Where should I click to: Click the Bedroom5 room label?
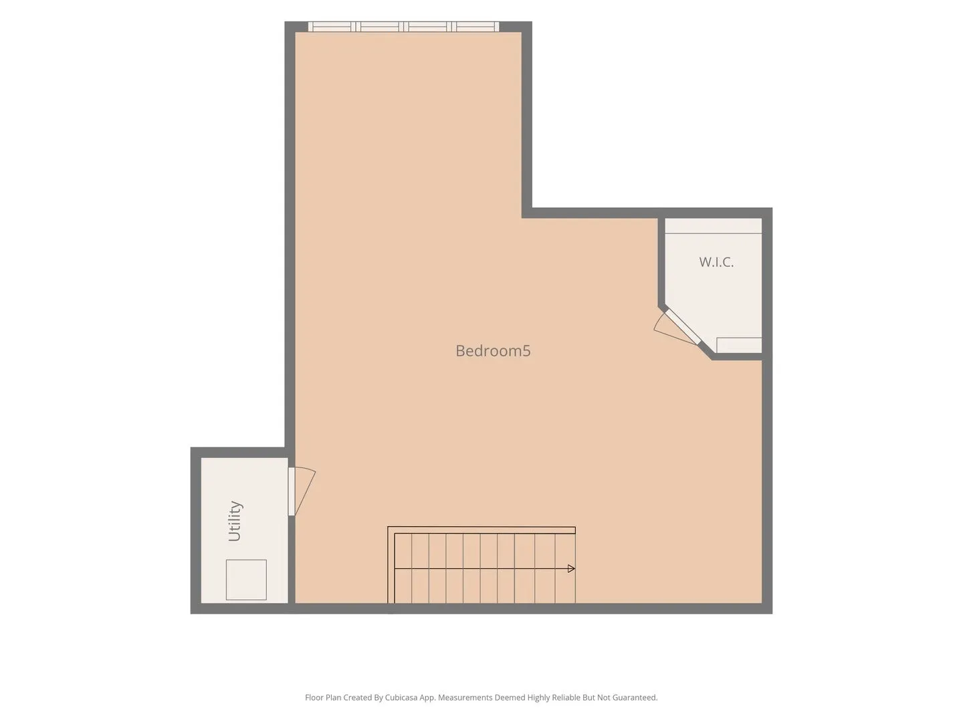(x=493, y=351)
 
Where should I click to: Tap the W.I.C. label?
(x=716, y=261)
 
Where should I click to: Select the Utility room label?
(x=235, y=521)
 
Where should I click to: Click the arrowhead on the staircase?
(x=571, y=568)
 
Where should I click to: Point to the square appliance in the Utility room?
(x=246, y=580)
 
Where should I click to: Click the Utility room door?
(x=302, y=491)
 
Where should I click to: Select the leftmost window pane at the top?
(x=332, y=27)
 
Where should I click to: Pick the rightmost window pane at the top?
(x=475, y=27)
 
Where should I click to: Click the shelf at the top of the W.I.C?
(x=713, y=226)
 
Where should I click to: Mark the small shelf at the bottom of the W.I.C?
(x=739, y=345)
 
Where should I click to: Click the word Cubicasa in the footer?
(x=401, y=697)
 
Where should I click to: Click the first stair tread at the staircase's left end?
(x=403, y=568)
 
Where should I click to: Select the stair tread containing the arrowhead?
(x=566, y=568)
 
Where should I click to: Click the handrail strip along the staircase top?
(x=481, y=530)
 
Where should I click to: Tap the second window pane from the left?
(x=379, y=27)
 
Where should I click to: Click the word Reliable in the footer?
(x=565, y=697)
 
